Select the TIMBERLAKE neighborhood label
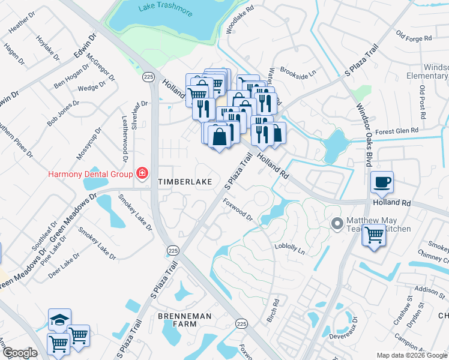(x=181, y=181)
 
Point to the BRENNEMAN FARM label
(x=177, y=319)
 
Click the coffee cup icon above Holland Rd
(x=382, y=182)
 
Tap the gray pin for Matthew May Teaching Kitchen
(x=337, y=224)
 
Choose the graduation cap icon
(x=60, y=319)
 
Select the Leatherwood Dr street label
(x=125, y=139)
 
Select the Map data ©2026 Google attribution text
(x=411, y=355)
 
